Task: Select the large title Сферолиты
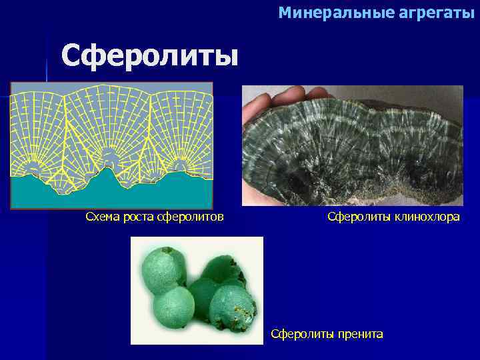[149, 55]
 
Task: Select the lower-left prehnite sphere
[173, 307]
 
